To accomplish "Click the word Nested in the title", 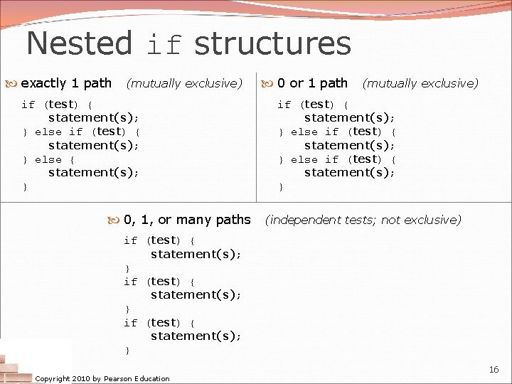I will click(79, 43).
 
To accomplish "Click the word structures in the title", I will click(272, 43).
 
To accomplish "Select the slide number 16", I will click(494, 370).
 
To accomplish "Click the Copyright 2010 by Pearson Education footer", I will click(102, 378).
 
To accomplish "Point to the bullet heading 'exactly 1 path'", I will click(66, 83).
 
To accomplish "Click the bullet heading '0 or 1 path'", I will click(312, 83).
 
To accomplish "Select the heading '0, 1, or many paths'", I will click(187, 220).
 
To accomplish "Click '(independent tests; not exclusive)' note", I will click(363, 220).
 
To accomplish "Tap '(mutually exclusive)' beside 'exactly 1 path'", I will click(184, 83).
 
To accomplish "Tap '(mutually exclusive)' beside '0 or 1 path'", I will click(420, 83).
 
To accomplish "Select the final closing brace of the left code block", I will click(26, 187).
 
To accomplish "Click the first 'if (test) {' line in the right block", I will click(313, 105).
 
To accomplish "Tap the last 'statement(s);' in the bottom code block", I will click(196, 336).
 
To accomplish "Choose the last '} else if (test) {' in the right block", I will click(338, 160).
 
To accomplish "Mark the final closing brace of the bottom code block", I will click(127, 351).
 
